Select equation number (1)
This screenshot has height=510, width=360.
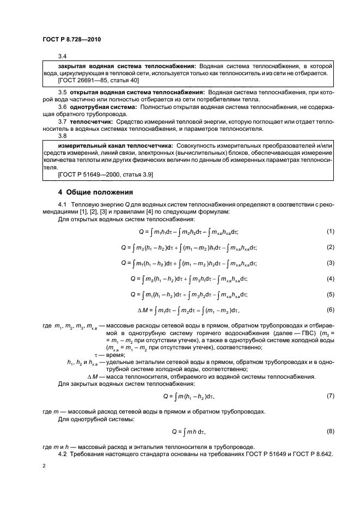pyautogui.click(x=330, y=232)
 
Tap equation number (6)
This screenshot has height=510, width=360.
pyautogui.click(x=330, y=310)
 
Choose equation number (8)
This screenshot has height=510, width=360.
pyautogui.click(x=330, y=431)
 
